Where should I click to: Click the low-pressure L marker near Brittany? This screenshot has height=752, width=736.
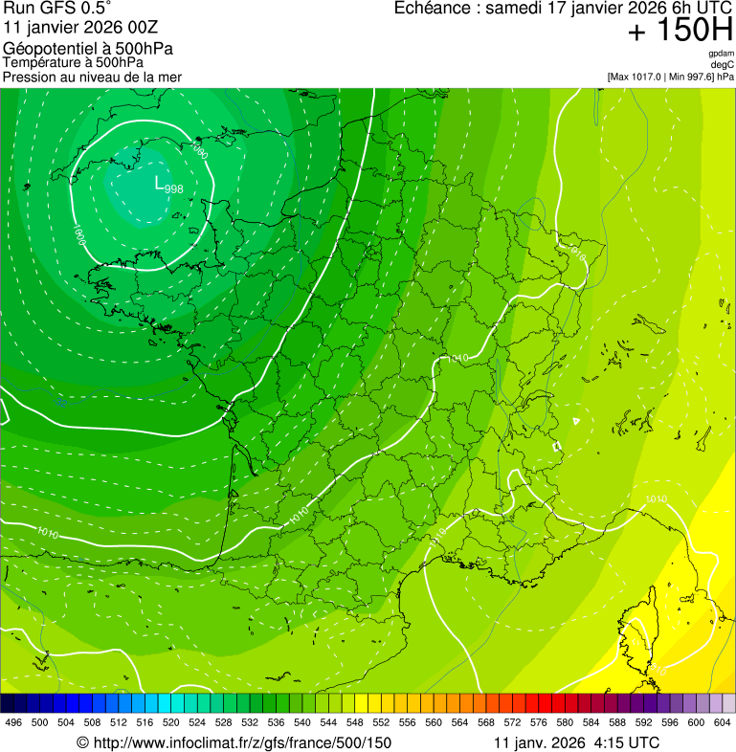click(160, 181)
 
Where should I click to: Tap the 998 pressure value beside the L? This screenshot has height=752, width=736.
click(173, 188)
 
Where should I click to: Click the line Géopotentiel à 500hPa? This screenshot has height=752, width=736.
click(89, 48)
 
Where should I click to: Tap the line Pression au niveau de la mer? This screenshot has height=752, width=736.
click(93, 77)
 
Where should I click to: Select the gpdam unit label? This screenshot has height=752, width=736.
click(721, 54)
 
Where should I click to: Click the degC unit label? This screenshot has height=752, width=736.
click(723, 64)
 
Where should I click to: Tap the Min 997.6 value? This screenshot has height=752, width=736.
click(691, 76)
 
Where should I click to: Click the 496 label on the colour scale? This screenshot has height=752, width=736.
click(13, 721)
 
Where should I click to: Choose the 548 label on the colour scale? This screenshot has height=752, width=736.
click(354, 721)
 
